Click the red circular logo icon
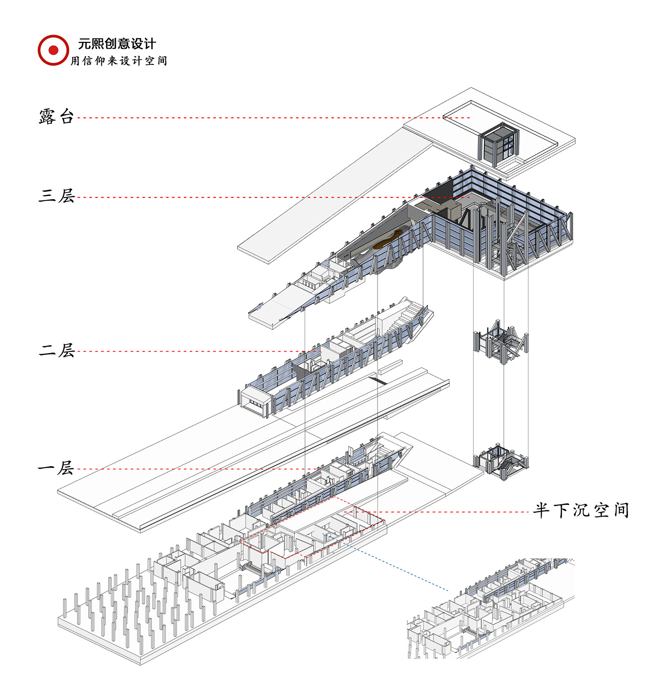[53, 50]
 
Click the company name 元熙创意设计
[117, 44]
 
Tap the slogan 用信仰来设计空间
[118, 61]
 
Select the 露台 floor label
[56, 117]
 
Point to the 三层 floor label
[56, 196]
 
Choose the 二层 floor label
[56, 350]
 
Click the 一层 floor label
[56, 468]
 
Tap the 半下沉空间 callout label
[581, 510]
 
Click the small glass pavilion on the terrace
[499, 143]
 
